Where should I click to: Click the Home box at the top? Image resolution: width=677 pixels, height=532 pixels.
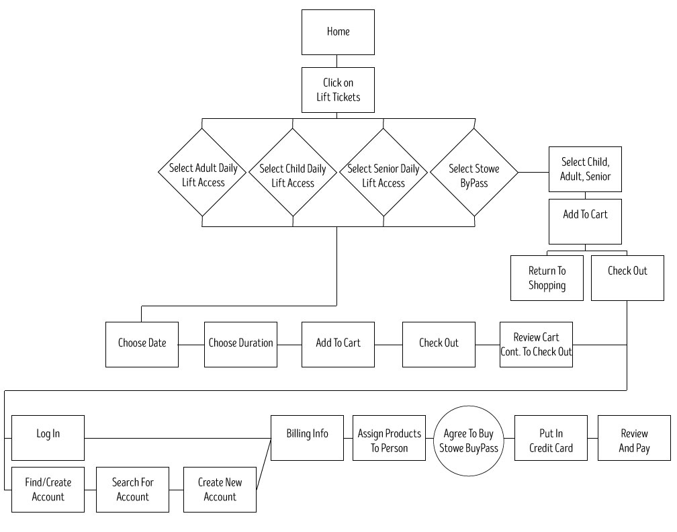[338, 32]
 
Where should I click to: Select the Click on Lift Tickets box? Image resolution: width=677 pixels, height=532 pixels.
[338, 89]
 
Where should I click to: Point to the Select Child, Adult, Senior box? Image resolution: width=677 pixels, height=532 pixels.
[585, 169]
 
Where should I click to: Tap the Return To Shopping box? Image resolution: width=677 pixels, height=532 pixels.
[547, 277]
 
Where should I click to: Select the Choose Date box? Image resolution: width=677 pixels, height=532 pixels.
[142, 344]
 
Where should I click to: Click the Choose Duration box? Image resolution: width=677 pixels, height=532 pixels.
[240, 344]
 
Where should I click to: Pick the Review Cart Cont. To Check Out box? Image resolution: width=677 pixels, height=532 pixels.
[536, 344]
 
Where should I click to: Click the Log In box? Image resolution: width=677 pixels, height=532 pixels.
[48, 437]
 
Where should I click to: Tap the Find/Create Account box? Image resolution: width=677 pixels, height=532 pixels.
[48, 490]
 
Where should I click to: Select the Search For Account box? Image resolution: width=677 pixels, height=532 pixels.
[132, 490]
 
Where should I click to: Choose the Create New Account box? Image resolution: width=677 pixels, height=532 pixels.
[220, 490]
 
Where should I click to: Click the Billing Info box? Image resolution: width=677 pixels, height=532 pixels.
[307, 437]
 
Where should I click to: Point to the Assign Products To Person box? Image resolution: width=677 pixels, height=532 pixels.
[389, 437]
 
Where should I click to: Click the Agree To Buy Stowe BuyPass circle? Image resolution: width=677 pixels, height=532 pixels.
[469, 440]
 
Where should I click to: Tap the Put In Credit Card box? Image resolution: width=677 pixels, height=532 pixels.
[551, 437]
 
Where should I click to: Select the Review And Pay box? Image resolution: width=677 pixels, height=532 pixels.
[634, 437]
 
